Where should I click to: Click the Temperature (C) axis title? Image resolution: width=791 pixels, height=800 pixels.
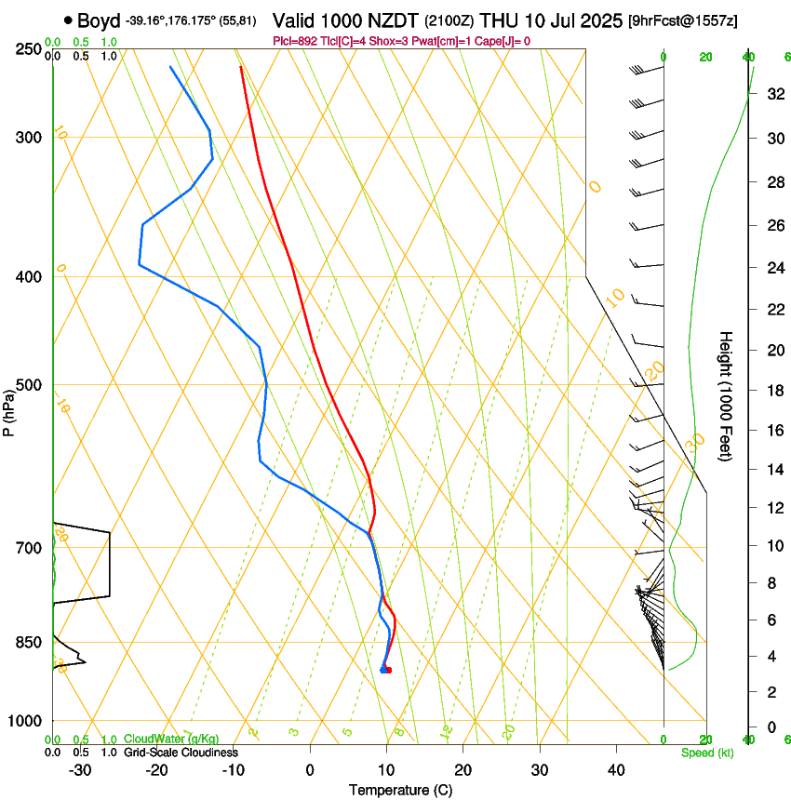click(400, 790)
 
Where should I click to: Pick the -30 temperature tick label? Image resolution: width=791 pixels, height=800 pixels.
click(80, 769)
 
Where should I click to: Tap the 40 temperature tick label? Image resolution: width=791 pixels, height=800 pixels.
click(615, 769)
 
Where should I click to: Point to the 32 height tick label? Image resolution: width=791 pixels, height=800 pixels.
click(773, 94)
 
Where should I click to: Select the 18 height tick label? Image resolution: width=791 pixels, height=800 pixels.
click(773, 391)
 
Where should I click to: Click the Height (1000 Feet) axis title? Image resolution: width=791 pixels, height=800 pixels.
click(727, 395)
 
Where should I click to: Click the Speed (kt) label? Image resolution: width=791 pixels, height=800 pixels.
click(706, 753)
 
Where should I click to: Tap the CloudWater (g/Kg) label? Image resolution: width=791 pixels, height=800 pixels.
click(166, 740)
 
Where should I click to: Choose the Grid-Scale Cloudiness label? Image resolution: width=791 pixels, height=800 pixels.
click(181, 753)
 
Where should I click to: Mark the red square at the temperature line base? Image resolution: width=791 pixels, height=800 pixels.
click(388, 670)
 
